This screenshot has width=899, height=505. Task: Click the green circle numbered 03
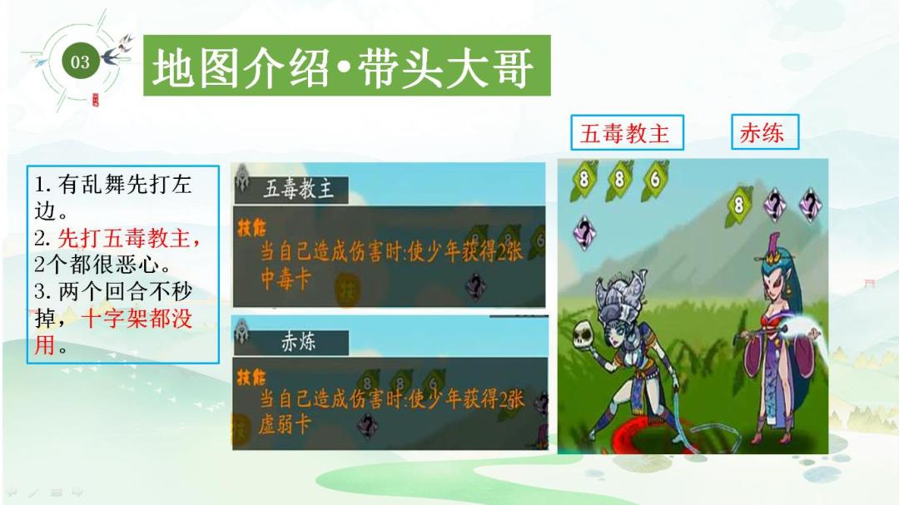[80, 62]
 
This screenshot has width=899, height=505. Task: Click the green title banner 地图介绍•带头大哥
[347, 66]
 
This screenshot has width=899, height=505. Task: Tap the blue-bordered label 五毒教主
[628, 132]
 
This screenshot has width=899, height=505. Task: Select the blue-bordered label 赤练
[765, 131]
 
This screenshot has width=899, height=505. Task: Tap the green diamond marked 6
[655, 180]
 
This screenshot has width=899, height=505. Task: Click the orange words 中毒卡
[286, 280]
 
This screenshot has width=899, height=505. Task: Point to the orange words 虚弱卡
[285, 425]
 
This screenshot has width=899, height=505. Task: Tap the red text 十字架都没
[137, 318]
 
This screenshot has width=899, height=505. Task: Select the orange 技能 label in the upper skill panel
[251, 228]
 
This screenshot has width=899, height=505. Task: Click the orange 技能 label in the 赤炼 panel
[251, 377]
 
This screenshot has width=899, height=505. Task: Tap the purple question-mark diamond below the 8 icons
[584, 233]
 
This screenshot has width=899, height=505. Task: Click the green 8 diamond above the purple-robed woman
[739, 204]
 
